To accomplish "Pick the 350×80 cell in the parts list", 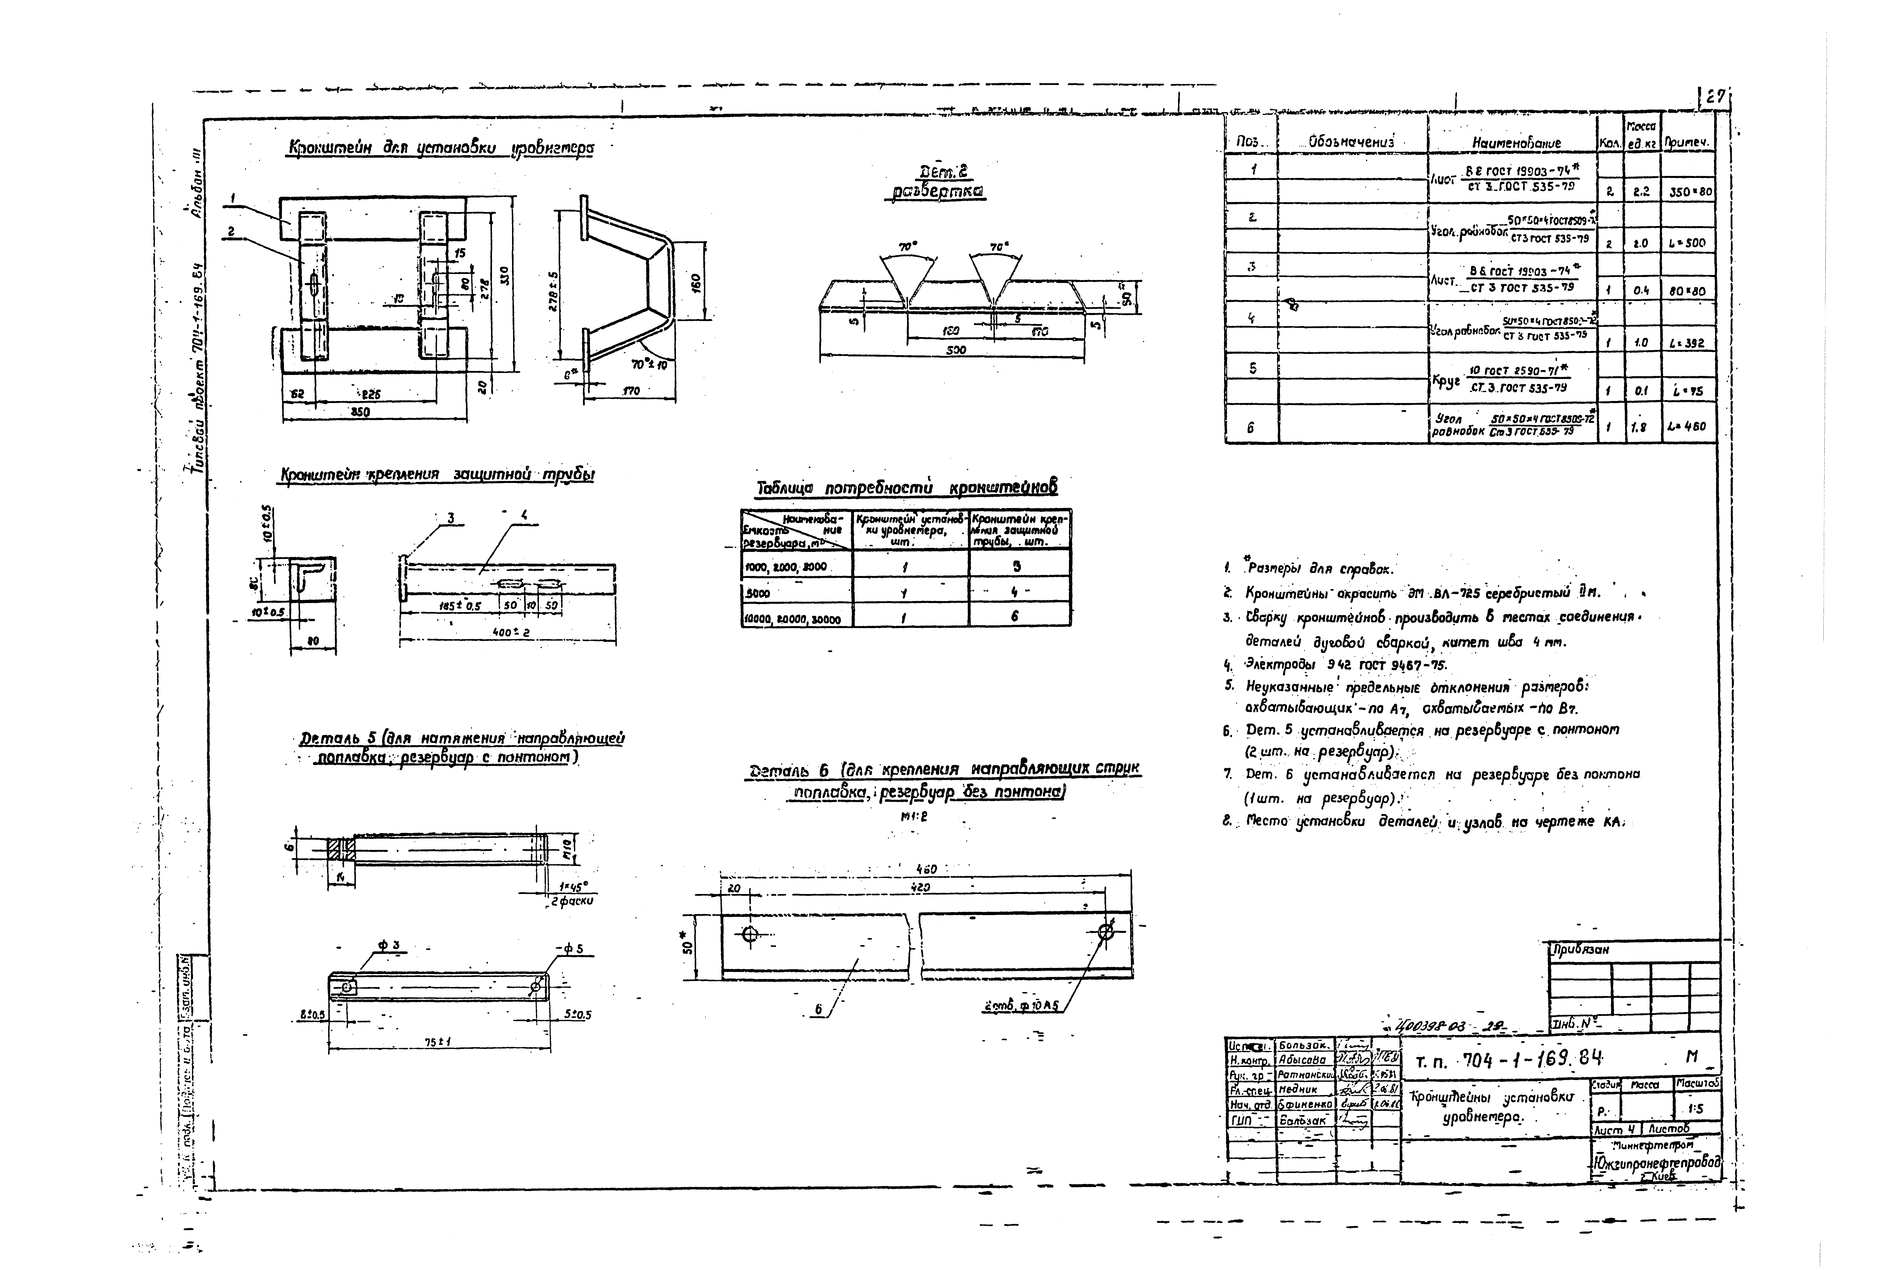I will [1689, 192].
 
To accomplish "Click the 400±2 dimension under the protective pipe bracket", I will [511, 632].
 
